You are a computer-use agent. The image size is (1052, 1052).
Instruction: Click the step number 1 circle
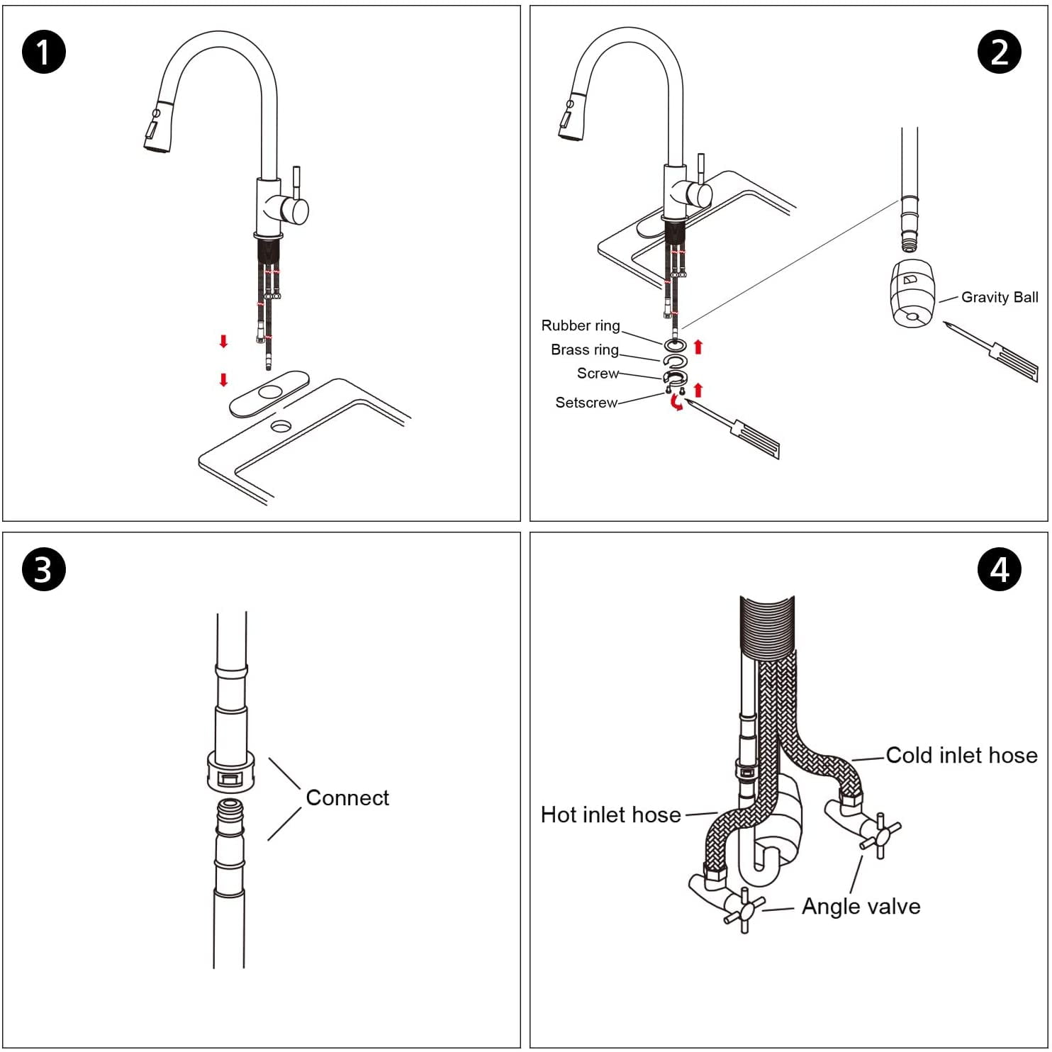pos(44,52)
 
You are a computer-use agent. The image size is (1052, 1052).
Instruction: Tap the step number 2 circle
pos(999,52)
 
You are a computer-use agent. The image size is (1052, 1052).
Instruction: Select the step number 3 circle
pos(44,569)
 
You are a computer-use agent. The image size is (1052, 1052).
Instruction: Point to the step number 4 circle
pos(999,569)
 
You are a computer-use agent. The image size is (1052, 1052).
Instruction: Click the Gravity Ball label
pos(999,298)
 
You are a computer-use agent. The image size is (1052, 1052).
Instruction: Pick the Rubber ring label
pos(580,325)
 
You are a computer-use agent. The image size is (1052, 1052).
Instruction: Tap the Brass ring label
pos(584,349)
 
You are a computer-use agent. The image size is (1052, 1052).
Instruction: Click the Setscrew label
pos(586,403)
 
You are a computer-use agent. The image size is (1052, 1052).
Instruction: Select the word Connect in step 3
pos(347,798)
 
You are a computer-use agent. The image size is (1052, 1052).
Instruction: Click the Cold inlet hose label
pos(961,756)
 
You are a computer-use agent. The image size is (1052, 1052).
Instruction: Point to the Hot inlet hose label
pos(610,815)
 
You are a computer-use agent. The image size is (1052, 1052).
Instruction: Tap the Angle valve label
pos(861,907)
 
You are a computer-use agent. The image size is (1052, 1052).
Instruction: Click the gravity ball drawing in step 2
pos(912,293)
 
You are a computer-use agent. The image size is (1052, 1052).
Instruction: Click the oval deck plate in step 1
pos(269,393)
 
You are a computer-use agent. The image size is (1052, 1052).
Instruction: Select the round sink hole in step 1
pos(281,426)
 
